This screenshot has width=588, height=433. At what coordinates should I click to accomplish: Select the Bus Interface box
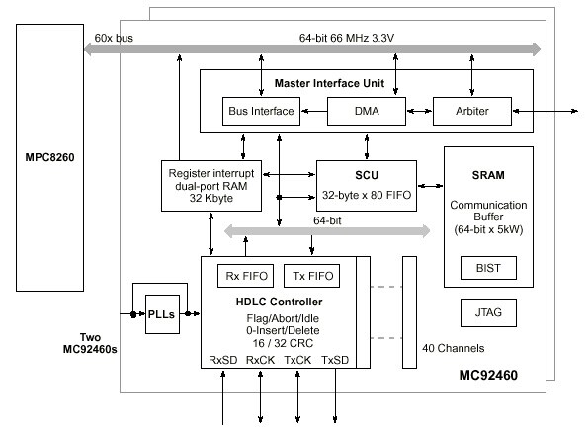pyautogui.click(x=261, y=111)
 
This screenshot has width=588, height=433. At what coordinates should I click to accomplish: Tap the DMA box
pyautogui.click(x=366, y=111)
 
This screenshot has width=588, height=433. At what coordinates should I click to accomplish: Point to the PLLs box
pyautogui.click(x=160, y=316)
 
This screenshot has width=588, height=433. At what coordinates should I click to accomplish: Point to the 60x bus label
pyautogui.click(x=114, y=37)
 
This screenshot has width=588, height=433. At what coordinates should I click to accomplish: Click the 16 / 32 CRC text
pyautogui.click(x=285, y=342)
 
